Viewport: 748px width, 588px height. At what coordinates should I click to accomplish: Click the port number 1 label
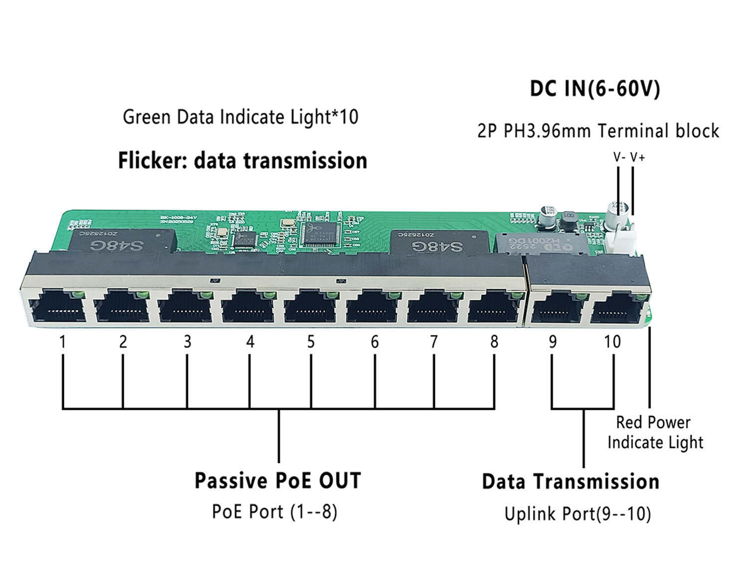point(62,342)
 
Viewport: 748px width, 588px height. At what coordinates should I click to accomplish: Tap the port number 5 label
point(311,342)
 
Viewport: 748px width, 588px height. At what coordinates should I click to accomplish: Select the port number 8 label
point(494,342)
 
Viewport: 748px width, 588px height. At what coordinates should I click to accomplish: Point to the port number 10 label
point(612,342)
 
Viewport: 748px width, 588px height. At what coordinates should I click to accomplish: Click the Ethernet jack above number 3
point(185,307)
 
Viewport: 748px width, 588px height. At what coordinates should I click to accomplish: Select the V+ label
point(637,158)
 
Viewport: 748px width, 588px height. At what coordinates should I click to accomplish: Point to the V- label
point(619,158)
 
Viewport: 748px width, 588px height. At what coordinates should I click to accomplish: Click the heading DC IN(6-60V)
point(594,89)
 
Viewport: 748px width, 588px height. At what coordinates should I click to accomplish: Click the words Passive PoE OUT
point(278,481)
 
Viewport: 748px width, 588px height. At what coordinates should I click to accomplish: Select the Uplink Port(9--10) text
point(577,514)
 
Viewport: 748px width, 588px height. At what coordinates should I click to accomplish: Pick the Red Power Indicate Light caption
point(655,432)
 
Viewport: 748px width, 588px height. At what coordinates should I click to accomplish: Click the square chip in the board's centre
point(320,234)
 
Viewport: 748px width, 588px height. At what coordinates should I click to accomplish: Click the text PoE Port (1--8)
point(275,512)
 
